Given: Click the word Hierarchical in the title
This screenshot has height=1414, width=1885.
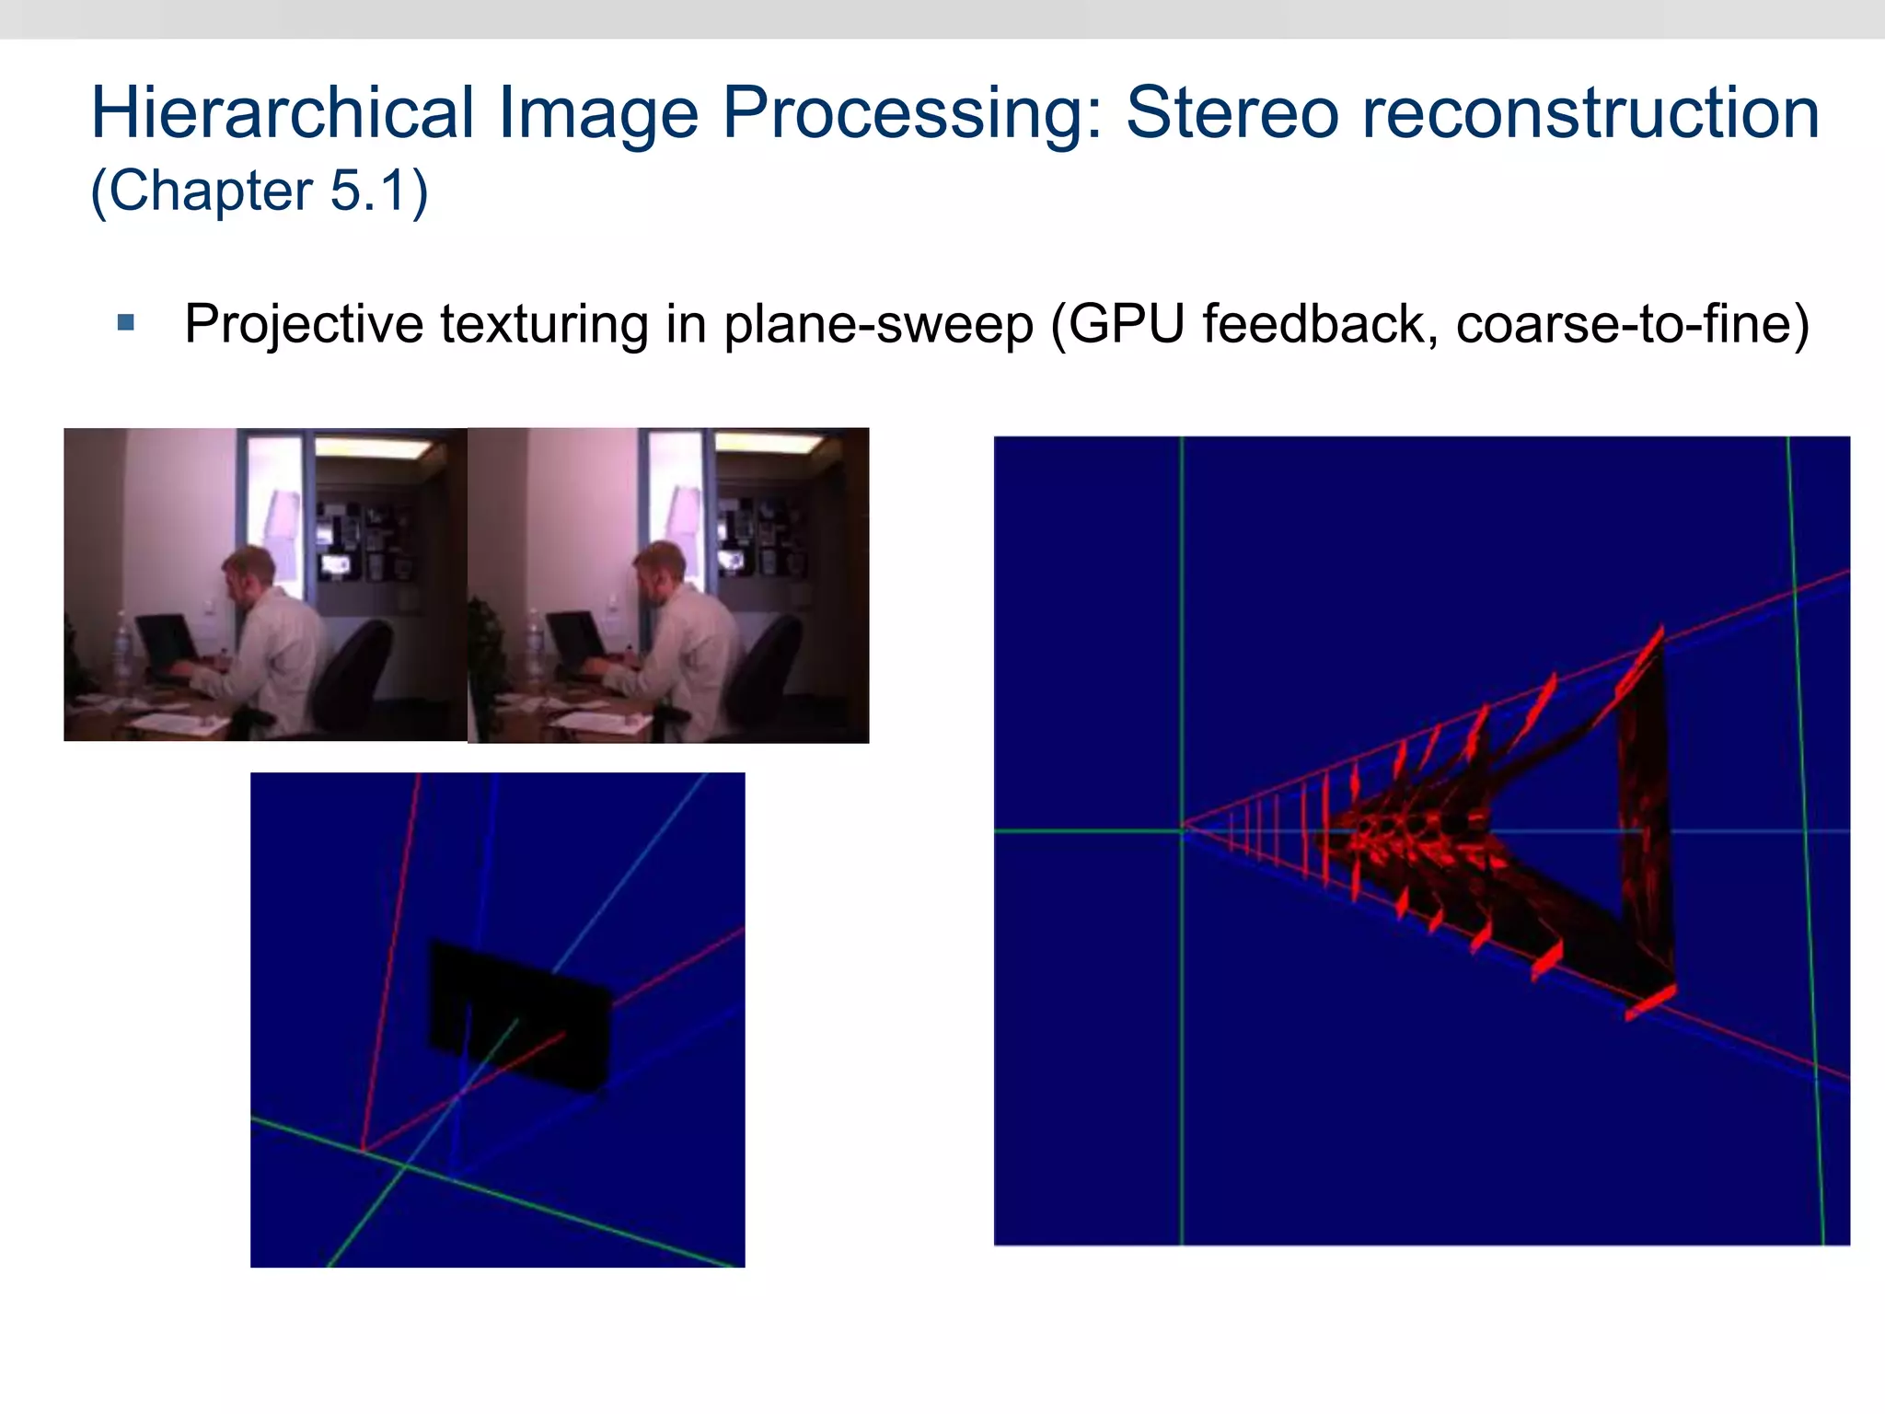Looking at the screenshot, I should point(282,112).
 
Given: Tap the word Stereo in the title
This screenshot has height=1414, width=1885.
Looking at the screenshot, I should point(1233,112).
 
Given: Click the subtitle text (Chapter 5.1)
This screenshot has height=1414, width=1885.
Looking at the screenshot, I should point(259,191).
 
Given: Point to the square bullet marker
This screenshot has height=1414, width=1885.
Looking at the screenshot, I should point(126,323).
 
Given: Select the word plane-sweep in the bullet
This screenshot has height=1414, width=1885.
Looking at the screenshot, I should point(878,324).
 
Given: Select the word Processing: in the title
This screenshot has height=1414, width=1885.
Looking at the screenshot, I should point(911,112).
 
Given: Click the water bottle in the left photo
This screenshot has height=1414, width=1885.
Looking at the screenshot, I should point(121,644).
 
